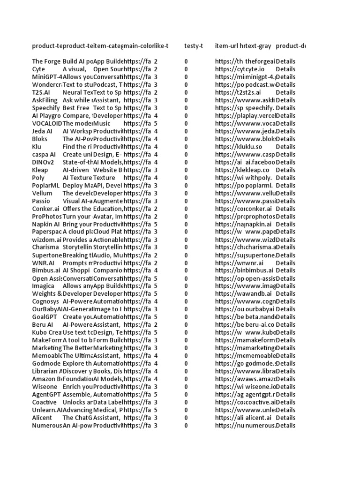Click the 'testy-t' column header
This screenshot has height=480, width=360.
pos(194,46)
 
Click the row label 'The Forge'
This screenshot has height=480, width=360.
pos(46,61)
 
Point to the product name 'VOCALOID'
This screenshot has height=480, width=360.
pos(47,123)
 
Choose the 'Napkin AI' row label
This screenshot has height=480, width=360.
pos(46,224)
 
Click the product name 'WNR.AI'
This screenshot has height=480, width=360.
pos(44,262)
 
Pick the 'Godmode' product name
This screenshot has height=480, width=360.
pos(46,363)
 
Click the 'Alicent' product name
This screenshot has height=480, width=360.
pos(42,418)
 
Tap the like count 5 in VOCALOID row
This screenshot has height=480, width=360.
pos(156,123)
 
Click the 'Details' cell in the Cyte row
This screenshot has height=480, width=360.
pos(285,69)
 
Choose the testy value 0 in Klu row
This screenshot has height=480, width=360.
pos(187,147)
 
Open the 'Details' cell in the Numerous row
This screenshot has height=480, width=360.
pos(285,426)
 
